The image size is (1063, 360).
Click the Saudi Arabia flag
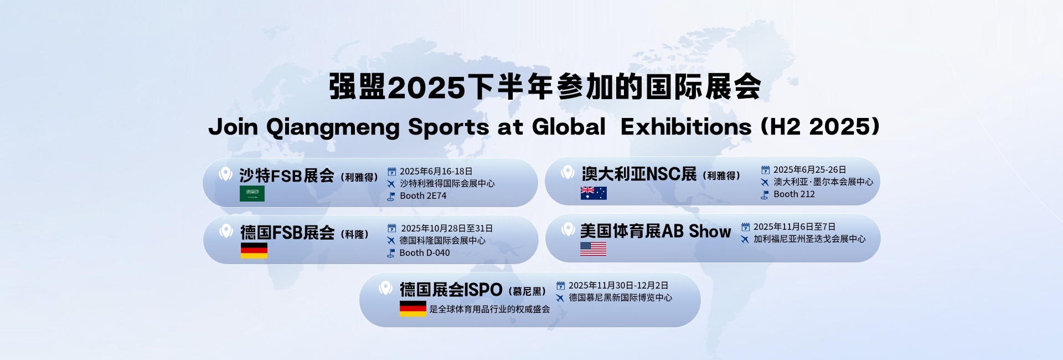[252, 193]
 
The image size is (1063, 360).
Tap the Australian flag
[594, 193]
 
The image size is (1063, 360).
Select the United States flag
[593, 249]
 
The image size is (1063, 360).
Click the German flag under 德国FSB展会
[254, 250]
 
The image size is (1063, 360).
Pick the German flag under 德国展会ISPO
[413, 308]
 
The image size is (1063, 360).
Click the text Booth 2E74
[423, 196]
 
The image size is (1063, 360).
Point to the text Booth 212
[794, 194]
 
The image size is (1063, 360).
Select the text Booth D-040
[425, 253]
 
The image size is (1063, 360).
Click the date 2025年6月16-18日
[436, 172]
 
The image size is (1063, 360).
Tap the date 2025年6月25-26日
[809, 170]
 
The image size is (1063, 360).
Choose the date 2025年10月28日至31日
[447, 229]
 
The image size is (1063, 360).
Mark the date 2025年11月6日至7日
[794, 227]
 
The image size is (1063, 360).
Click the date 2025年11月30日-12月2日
[618, 286]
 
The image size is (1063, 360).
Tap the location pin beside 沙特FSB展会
[225, 174]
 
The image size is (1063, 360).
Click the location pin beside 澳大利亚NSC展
[567, 172]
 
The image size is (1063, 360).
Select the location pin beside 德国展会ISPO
[385, 288]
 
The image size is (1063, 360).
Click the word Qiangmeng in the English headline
[333, 128]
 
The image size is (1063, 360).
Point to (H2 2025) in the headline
[821, 127]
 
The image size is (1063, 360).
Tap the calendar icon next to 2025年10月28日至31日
[392, 228]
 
